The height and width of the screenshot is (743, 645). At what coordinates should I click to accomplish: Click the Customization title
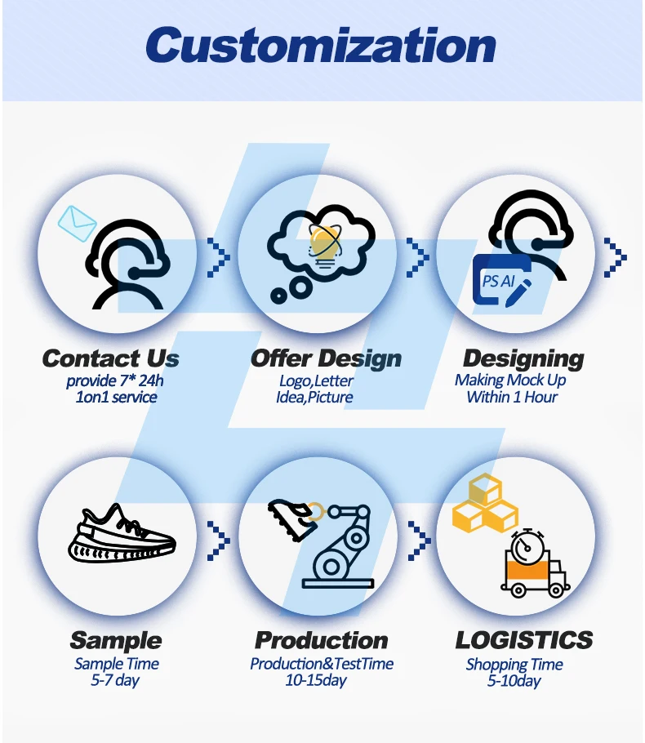321,45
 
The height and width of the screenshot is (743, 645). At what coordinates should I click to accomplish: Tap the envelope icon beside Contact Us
78,220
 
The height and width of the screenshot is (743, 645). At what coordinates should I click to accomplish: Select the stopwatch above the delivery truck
528,543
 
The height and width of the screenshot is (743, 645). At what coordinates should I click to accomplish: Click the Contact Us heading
110,358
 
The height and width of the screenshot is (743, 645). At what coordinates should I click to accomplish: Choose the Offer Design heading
326,358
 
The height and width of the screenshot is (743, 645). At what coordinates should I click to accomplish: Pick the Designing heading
523,358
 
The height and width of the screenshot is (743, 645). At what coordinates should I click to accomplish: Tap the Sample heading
115,640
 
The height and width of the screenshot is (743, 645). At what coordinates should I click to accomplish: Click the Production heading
321,640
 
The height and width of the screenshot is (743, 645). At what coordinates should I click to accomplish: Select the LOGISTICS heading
523,640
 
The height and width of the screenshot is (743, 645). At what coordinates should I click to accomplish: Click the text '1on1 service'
111,398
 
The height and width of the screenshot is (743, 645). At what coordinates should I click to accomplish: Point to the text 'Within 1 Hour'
512,398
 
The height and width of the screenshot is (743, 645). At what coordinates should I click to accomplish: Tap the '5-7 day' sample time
115,680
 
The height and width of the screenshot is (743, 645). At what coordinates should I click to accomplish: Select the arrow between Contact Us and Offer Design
218,258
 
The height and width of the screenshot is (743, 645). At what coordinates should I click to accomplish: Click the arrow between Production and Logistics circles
419,539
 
